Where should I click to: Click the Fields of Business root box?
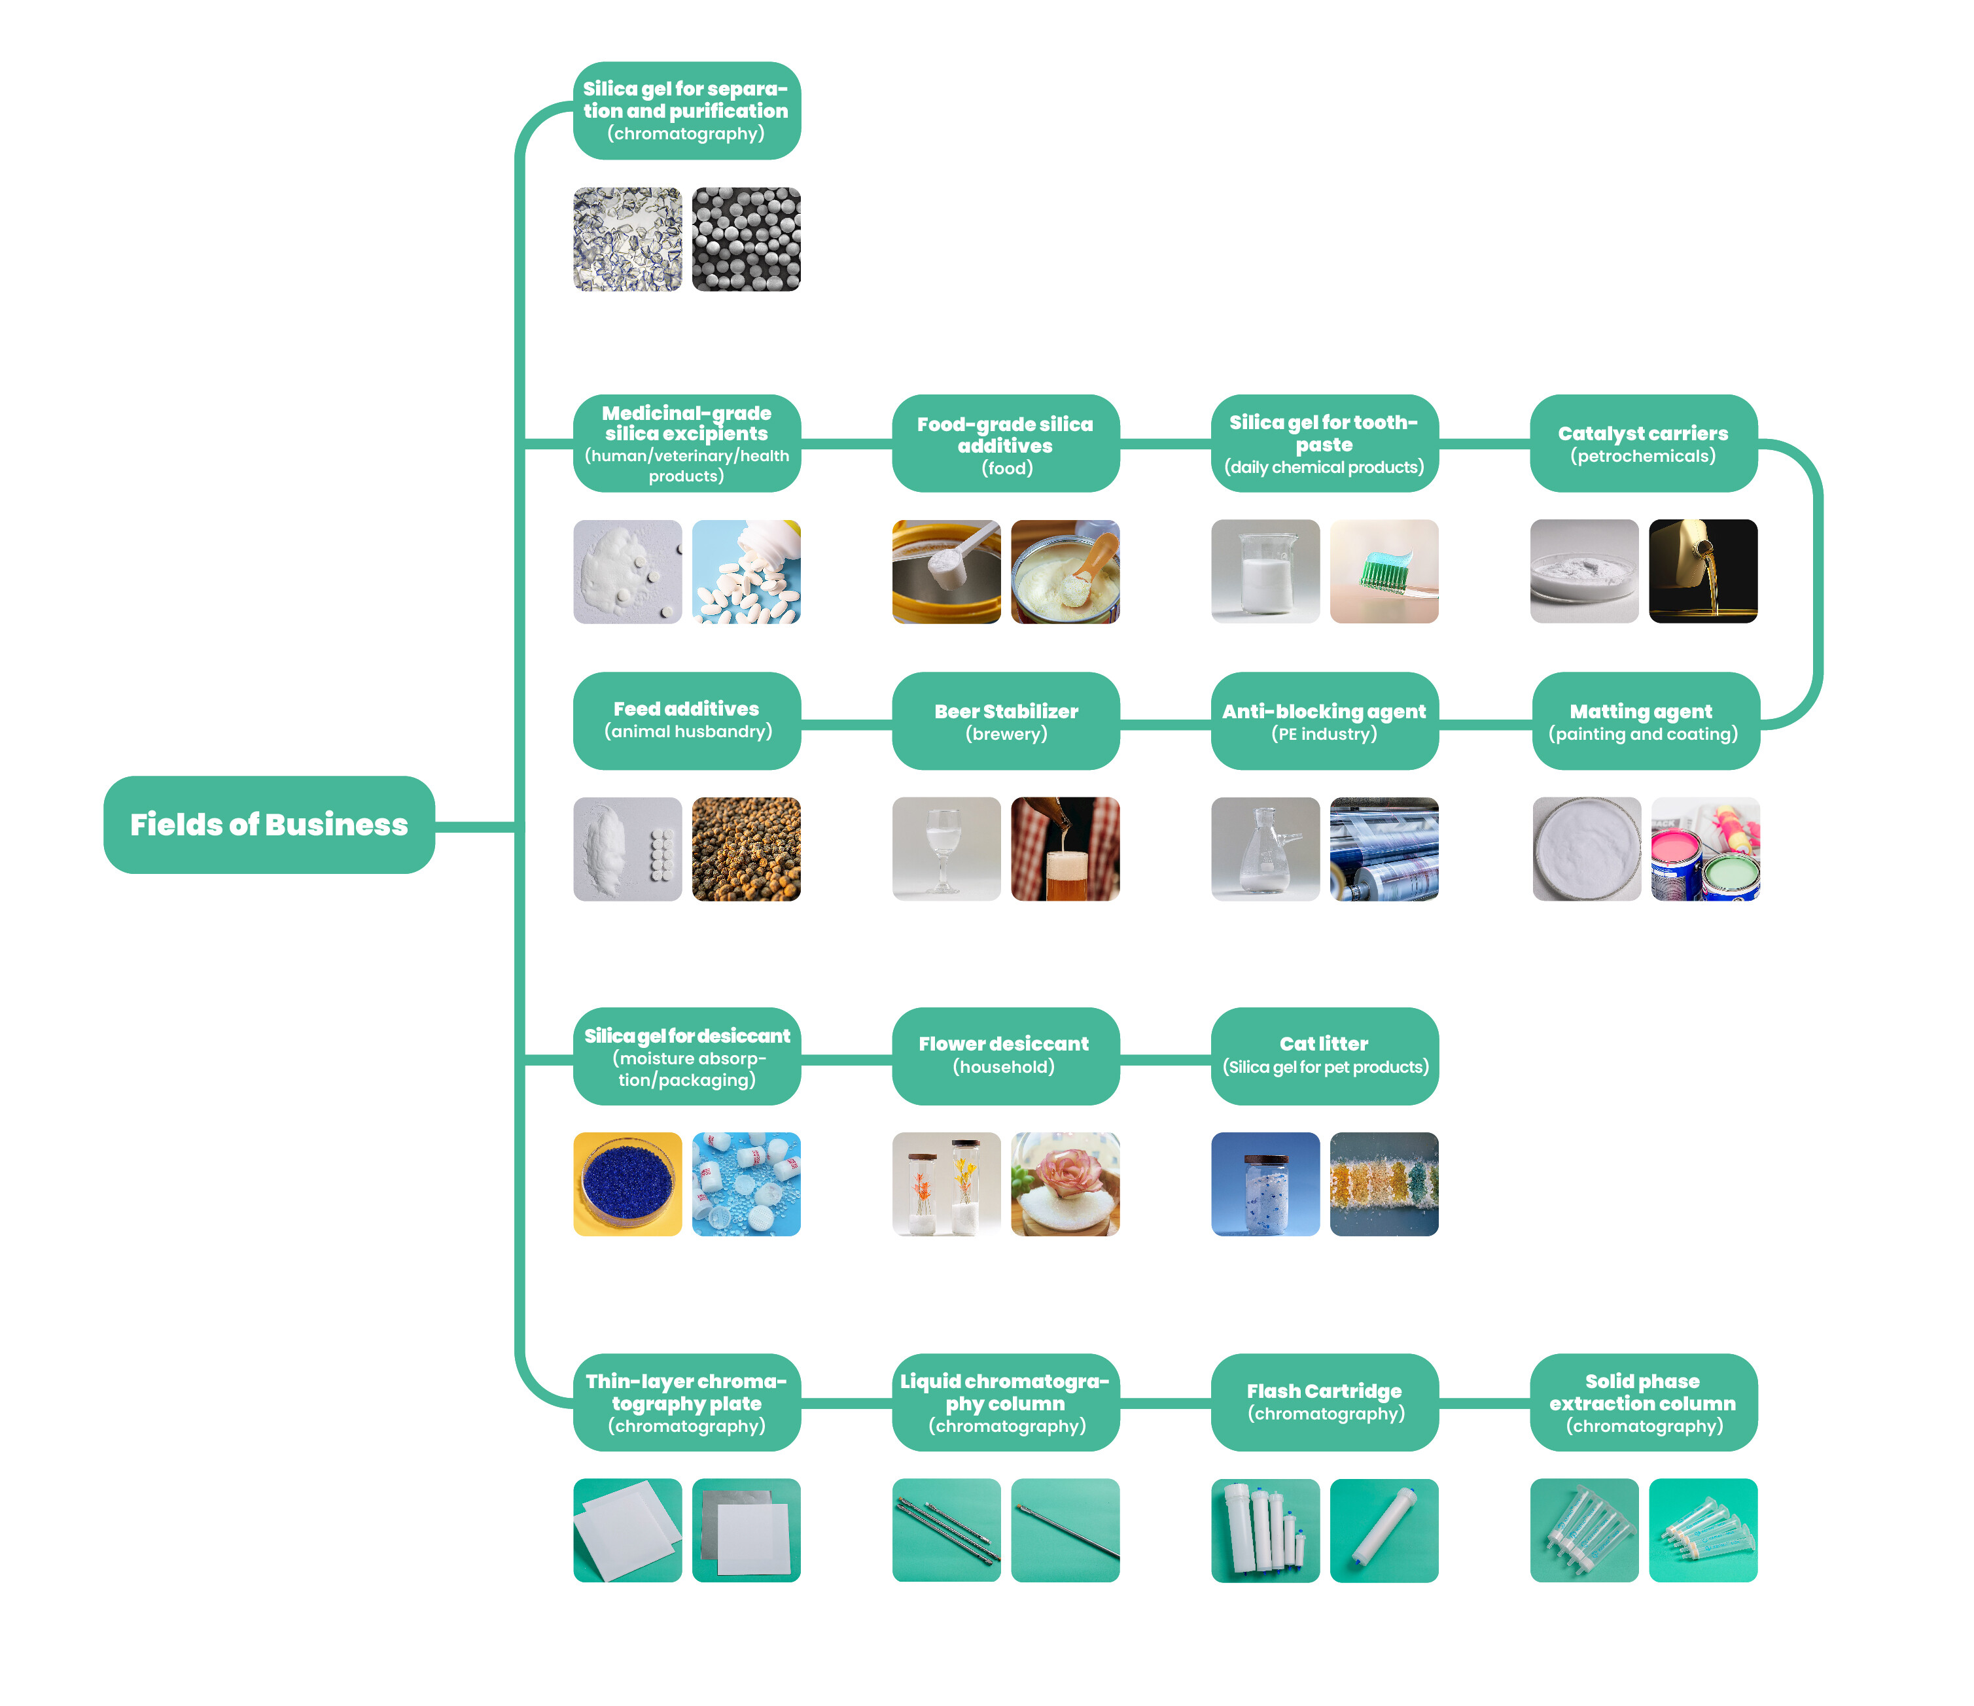tap(269, 824)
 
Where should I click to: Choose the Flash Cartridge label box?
tap(1324, 1402)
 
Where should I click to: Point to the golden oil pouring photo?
tap(1702, 572)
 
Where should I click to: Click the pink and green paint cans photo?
tap(1704, 848)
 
